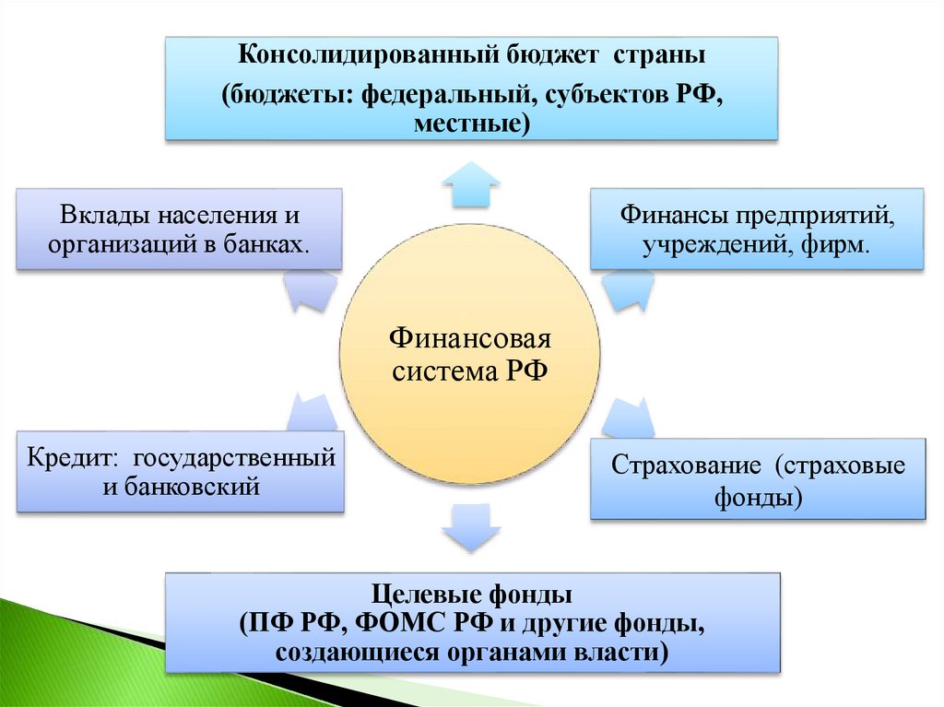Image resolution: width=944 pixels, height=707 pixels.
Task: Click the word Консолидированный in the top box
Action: click(367, 56)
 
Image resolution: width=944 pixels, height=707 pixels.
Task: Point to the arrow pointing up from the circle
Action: click(470, 183)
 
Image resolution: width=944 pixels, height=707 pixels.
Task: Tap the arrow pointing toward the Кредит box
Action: click(311, 412)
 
